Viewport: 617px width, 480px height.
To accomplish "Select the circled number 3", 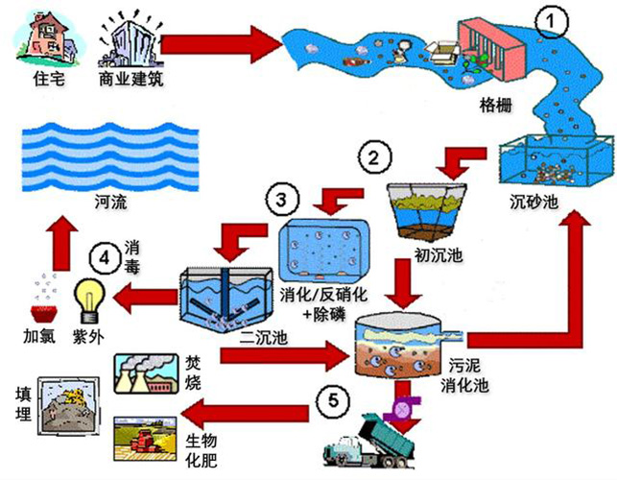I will point(279,201).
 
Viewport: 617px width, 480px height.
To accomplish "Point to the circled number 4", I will point(101,256).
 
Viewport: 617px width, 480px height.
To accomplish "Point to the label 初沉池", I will point(426,256).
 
